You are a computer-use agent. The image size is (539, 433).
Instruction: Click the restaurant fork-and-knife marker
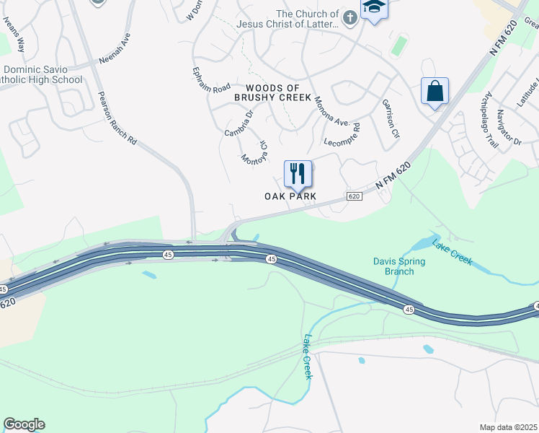click(x=298, y=174)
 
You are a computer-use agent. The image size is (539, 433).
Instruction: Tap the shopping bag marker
click(x=435, y=92)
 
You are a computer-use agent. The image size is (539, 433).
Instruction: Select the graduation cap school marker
click(x=374, y=9)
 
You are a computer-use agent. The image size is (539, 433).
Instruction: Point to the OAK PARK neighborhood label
click(x=292, y=196)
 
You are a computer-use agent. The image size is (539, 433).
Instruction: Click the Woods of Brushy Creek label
click(x=273, y=92)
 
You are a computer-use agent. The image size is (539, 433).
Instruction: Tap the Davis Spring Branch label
click(x=393, y=266)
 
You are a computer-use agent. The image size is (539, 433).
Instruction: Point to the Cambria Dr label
click(x=239, y=123)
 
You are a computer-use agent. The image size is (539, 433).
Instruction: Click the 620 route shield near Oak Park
click(x=353, y=196)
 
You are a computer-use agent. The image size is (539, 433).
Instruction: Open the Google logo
click(x=24, y=424)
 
